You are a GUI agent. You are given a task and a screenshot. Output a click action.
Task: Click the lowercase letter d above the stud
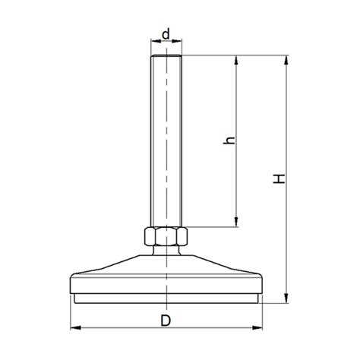point(166,34)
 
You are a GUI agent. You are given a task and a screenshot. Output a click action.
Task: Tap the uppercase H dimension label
point(279,179)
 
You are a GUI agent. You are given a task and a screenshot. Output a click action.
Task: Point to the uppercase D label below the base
point(166,320)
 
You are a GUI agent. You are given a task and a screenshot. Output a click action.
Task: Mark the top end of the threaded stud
point(166,58)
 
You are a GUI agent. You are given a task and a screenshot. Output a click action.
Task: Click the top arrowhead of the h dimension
point(238,60)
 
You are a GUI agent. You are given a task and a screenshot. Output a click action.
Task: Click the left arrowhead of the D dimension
point(75,328)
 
